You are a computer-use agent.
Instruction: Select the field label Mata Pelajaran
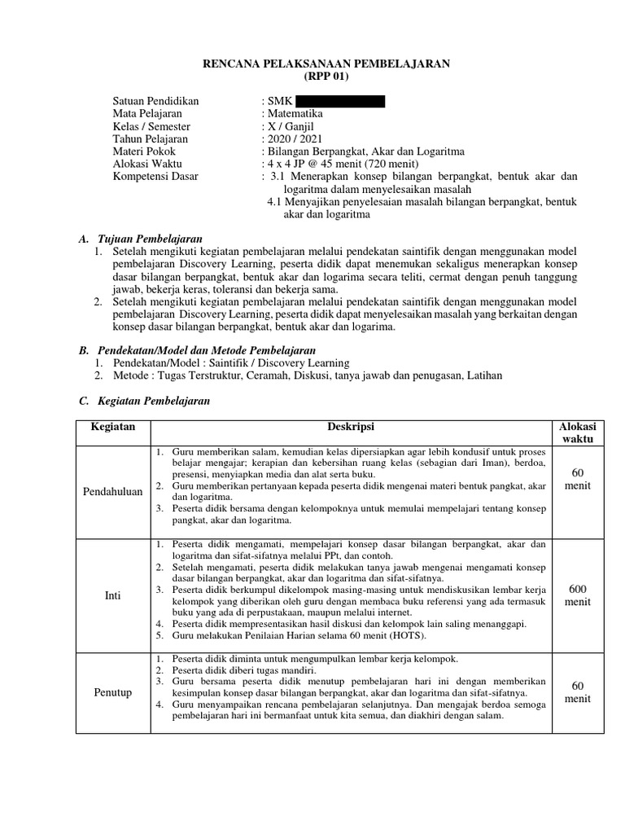[x=147, y=114]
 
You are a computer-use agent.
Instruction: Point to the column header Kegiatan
[x=113, y=428]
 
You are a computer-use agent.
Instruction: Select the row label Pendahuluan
[x=113, y=492]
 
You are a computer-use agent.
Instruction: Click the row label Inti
[x=113, y=595]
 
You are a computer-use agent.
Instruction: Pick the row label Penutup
[x=113, y=692]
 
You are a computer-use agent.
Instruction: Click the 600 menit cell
[x=577, y=595]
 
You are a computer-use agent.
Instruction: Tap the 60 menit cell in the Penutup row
[x=577, y=692]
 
